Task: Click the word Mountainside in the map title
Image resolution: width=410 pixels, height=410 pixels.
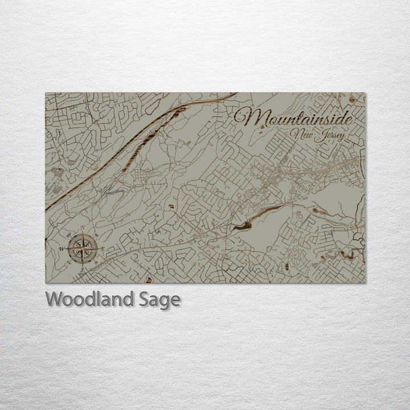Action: [x=293, y=118]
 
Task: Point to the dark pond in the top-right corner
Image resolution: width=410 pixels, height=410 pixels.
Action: [x=352, y=100]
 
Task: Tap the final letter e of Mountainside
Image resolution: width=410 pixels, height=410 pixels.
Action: [x=347, y=119]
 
